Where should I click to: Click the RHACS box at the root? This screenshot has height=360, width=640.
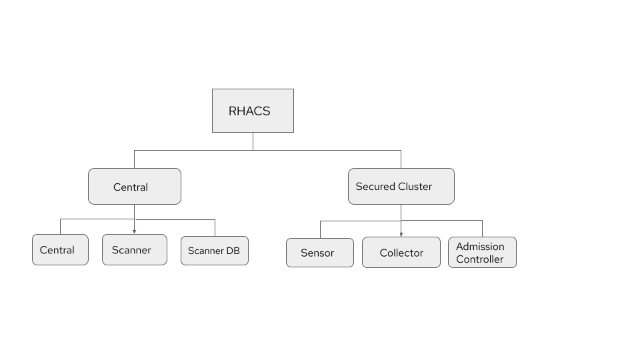click(253, 111)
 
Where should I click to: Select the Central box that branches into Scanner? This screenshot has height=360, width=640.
click(134, 186)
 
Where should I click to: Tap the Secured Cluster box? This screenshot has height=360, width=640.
click(401, 186)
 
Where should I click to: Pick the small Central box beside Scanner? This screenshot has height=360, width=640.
click(60, 250)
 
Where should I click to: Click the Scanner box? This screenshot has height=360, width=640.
click(134, 249)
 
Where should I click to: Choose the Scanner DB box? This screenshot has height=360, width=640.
click(214, 251)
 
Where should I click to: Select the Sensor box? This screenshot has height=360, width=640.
click(319, 253)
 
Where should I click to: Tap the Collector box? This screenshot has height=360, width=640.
click(401, 253)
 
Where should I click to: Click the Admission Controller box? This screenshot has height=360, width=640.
click(481, 253)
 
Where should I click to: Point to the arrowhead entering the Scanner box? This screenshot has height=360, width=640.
click(134, 231)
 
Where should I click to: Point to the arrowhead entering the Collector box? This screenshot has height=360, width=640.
click(401, 234)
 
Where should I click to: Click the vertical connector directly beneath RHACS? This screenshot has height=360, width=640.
click(253, 141)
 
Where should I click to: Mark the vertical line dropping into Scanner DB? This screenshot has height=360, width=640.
click(215, 227)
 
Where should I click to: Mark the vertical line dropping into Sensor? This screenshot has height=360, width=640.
click(320, 229)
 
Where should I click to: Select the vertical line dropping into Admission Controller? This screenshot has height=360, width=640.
click(482, 228)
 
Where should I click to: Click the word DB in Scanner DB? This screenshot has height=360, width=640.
click(232, 251)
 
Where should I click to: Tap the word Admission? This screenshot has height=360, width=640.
click(480, 247)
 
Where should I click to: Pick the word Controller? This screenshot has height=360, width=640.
click(480, 259)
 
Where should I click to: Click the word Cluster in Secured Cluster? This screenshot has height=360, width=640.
click(415, 187)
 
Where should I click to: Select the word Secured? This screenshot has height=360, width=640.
click(375, 187)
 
